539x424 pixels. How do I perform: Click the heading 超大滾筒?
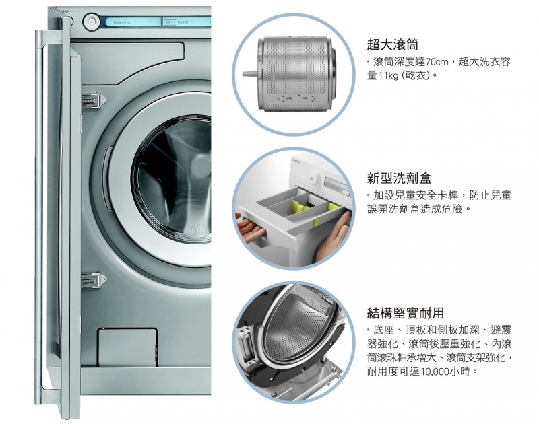pyautogui.click(x=393, y=44)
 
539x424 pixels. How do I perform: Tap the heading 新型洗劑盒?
pyautogui.click(x=399, y=178)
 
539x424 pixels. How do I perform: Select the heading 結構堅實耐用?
pyautogui.click(x=406, y=313)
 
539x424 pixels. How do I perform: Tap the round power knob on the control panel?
pyautogui.click(x=92, y=22)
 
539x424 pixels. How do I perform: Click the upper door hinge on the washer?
pyautogui.click(x=94, y=100)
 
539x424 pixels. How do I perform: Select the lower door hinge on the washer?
pyautogui.click(x=94, y=279)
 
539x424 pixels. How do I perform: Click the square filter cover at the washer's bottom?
pyautogui.click(x=127, y=347)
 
